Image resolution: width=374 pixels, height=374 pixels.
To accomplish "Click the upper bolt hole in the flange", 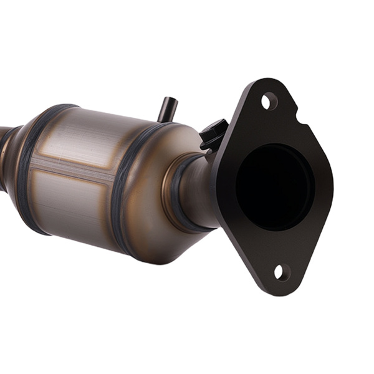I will coord(269,100).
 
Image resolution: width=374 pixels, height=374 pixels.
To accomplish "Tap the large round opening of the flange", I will coord(274,186).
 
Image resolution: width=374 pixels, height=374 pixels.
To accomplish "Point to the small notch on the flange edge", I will coord(301,117).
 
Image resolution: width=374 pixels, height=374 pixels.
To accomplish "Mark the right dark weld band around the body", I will coord(123,187).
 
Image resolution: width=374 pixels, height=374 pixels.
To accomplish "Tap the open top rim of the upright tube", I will coord(168,100).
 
